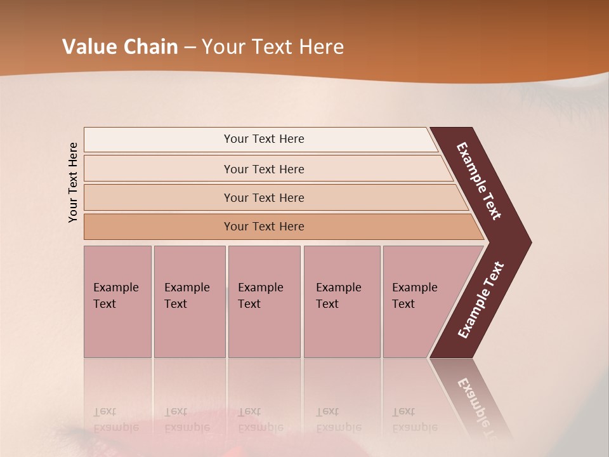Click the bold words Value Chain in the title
click(x=120, y=47)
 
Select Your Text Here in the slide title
click(x=273, y=47)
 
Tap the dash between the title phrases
click(x=190, y=48)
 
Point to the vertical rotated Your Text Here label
click(x=73, y=182)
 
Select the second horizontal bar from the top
click(x=264, y=169)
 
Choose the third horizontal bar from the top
click(x=264, y=197)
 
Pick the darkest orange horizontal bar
click(x=264, y=227)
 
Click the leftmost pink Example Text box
click(x=117, y=301)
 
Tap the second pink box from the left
click(x=189, y=301)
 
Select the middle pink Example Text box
click(x=264, y=301)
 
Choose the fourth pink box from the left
click(x=341, y=301)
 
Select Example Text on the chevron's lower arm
click(x=481, y=300)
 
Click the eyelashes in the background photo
click(x=552, y=95)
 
